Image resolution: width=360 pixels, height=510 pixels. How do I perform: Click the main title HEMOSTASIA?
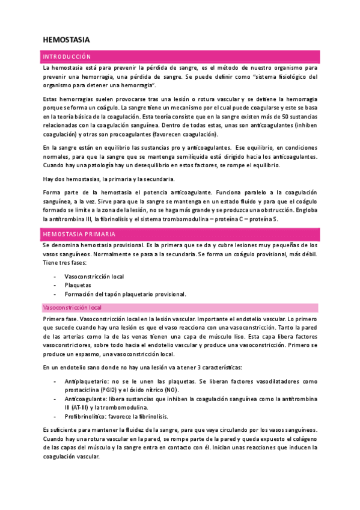pos(66,40)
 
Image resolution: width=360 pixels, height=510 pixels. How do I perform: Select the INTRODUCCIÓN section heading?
pos(66,57)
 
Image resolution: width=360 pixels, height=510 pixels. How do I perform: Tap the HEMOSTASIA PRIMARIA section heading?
pos(79,233)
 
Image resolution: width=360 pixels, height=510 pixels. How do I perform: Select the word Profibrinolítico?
pos(85,416)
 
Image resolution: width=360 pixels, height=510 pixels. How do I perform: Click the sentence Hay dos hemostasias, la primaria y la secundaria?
pos(109,179)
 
